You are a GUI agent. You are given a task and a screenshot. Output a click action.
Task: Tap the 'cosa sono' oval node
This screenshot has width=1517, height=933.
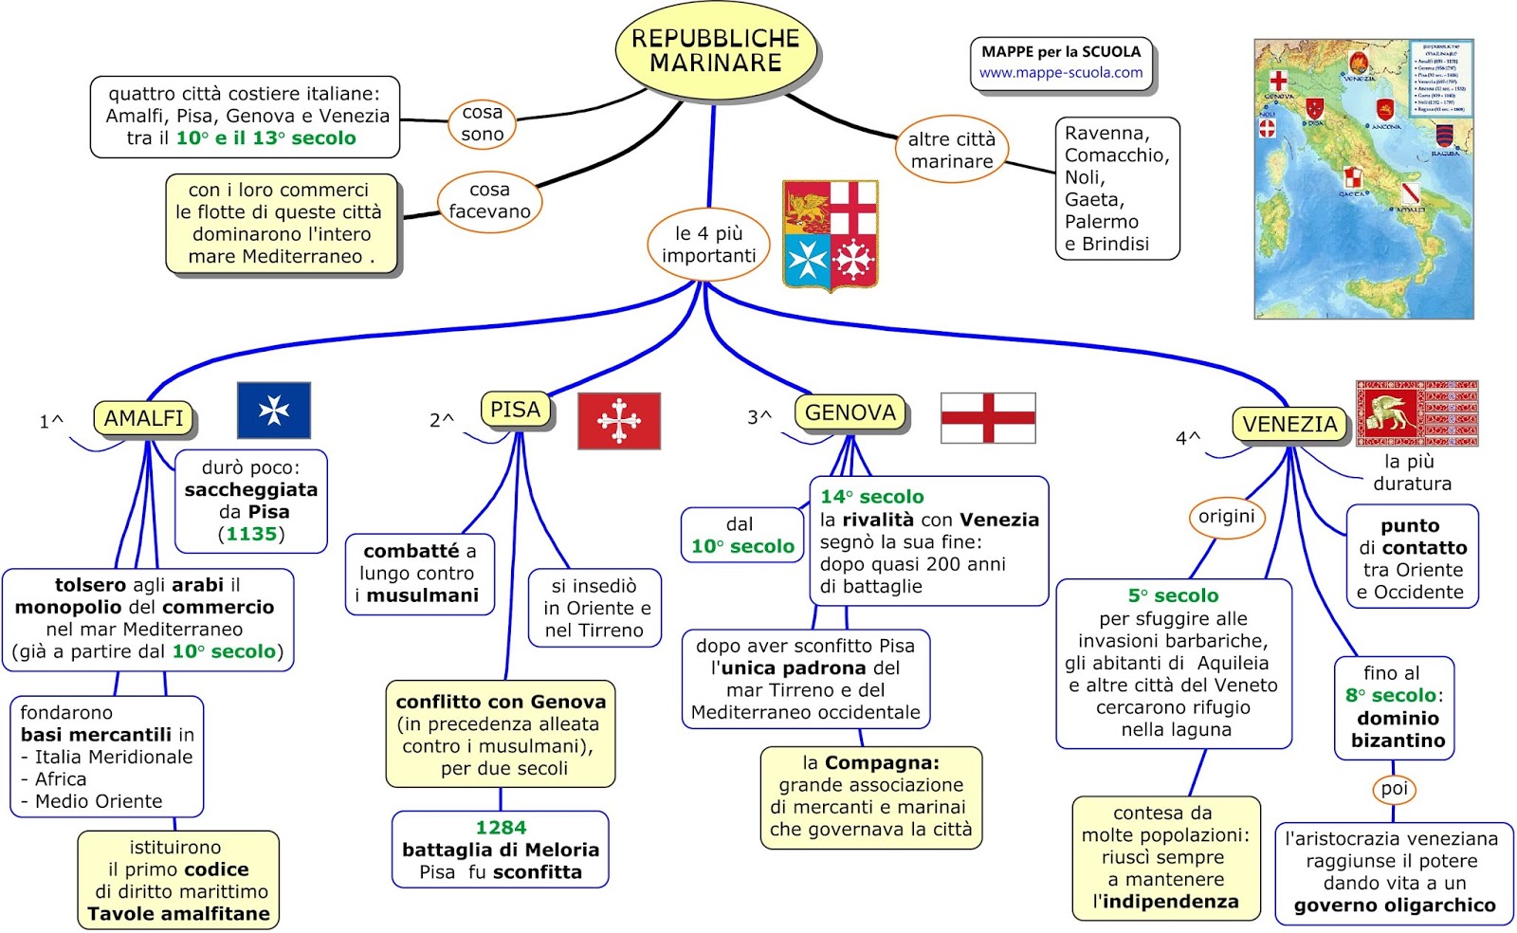[x=482, y=124]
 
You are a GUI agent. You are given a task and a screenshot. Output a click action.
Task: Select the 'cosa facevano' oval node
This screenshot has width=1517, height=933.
[x=489, y=201]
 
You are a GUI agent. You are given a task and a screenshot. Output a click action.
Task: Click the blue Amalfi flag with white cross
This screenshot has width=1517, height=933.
[x=274, y=410]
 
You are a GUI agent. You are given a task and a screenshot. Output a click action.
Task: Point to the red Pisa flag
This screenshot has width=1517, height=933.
[x=619, y=420]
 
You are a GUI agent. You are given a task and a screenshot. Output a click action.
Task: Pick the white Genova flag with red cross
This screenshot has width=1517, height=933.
[x=987, y=418]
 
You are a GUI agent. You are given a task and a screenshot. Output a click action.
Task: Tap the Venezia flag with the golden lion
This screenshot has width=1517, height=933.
[x=1416, y=413]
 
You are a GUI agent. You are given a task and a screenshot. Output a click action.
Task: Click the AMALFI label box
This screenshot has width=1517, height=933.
[x=143, y=418]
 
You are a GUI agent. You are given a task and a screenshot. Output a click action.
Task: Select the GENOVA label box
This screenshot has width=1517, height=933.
[x=850, y=412]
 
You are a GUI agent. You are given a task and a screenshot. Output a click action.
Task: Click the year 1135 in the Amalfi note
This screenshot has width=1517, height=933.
[x=251, y=534]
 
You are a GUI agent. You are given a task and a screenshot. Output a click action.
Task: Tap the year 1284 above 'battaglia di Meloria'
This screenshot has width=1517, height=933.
[x=501, y=828]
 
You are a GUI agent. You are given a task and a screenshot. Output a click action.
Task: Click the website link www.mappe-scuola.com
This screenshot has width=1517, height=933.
[x=1061, y=73]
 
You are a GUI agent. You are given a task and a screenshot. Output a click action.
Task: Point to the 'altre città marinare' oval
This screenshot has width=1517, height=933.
[x=951, y=151]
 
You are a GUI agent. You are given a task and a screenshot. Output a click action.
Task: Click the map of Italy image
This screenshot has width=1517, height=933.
[x=1363, y=179]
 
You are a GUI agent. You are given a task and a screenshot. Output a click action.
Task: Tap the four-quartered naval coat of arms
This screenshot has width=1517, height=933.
[x=831, y=234]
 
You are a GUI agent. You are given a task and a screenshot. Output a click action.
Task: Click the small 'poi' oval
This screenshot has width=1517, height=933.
[x=1394, y=789]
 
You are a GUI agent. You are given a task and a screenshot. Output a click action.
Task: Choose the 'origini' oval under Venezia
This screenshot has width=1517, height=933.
[x=1226, y=517]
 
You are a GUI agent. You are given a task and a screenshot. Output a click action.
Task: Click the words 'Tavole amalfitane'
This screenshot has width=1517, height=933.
[x=178, y=914]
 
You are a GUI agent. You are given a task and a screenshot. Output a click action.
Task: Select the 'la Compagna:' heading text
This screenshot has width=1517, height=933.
[x=870, y=762]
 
